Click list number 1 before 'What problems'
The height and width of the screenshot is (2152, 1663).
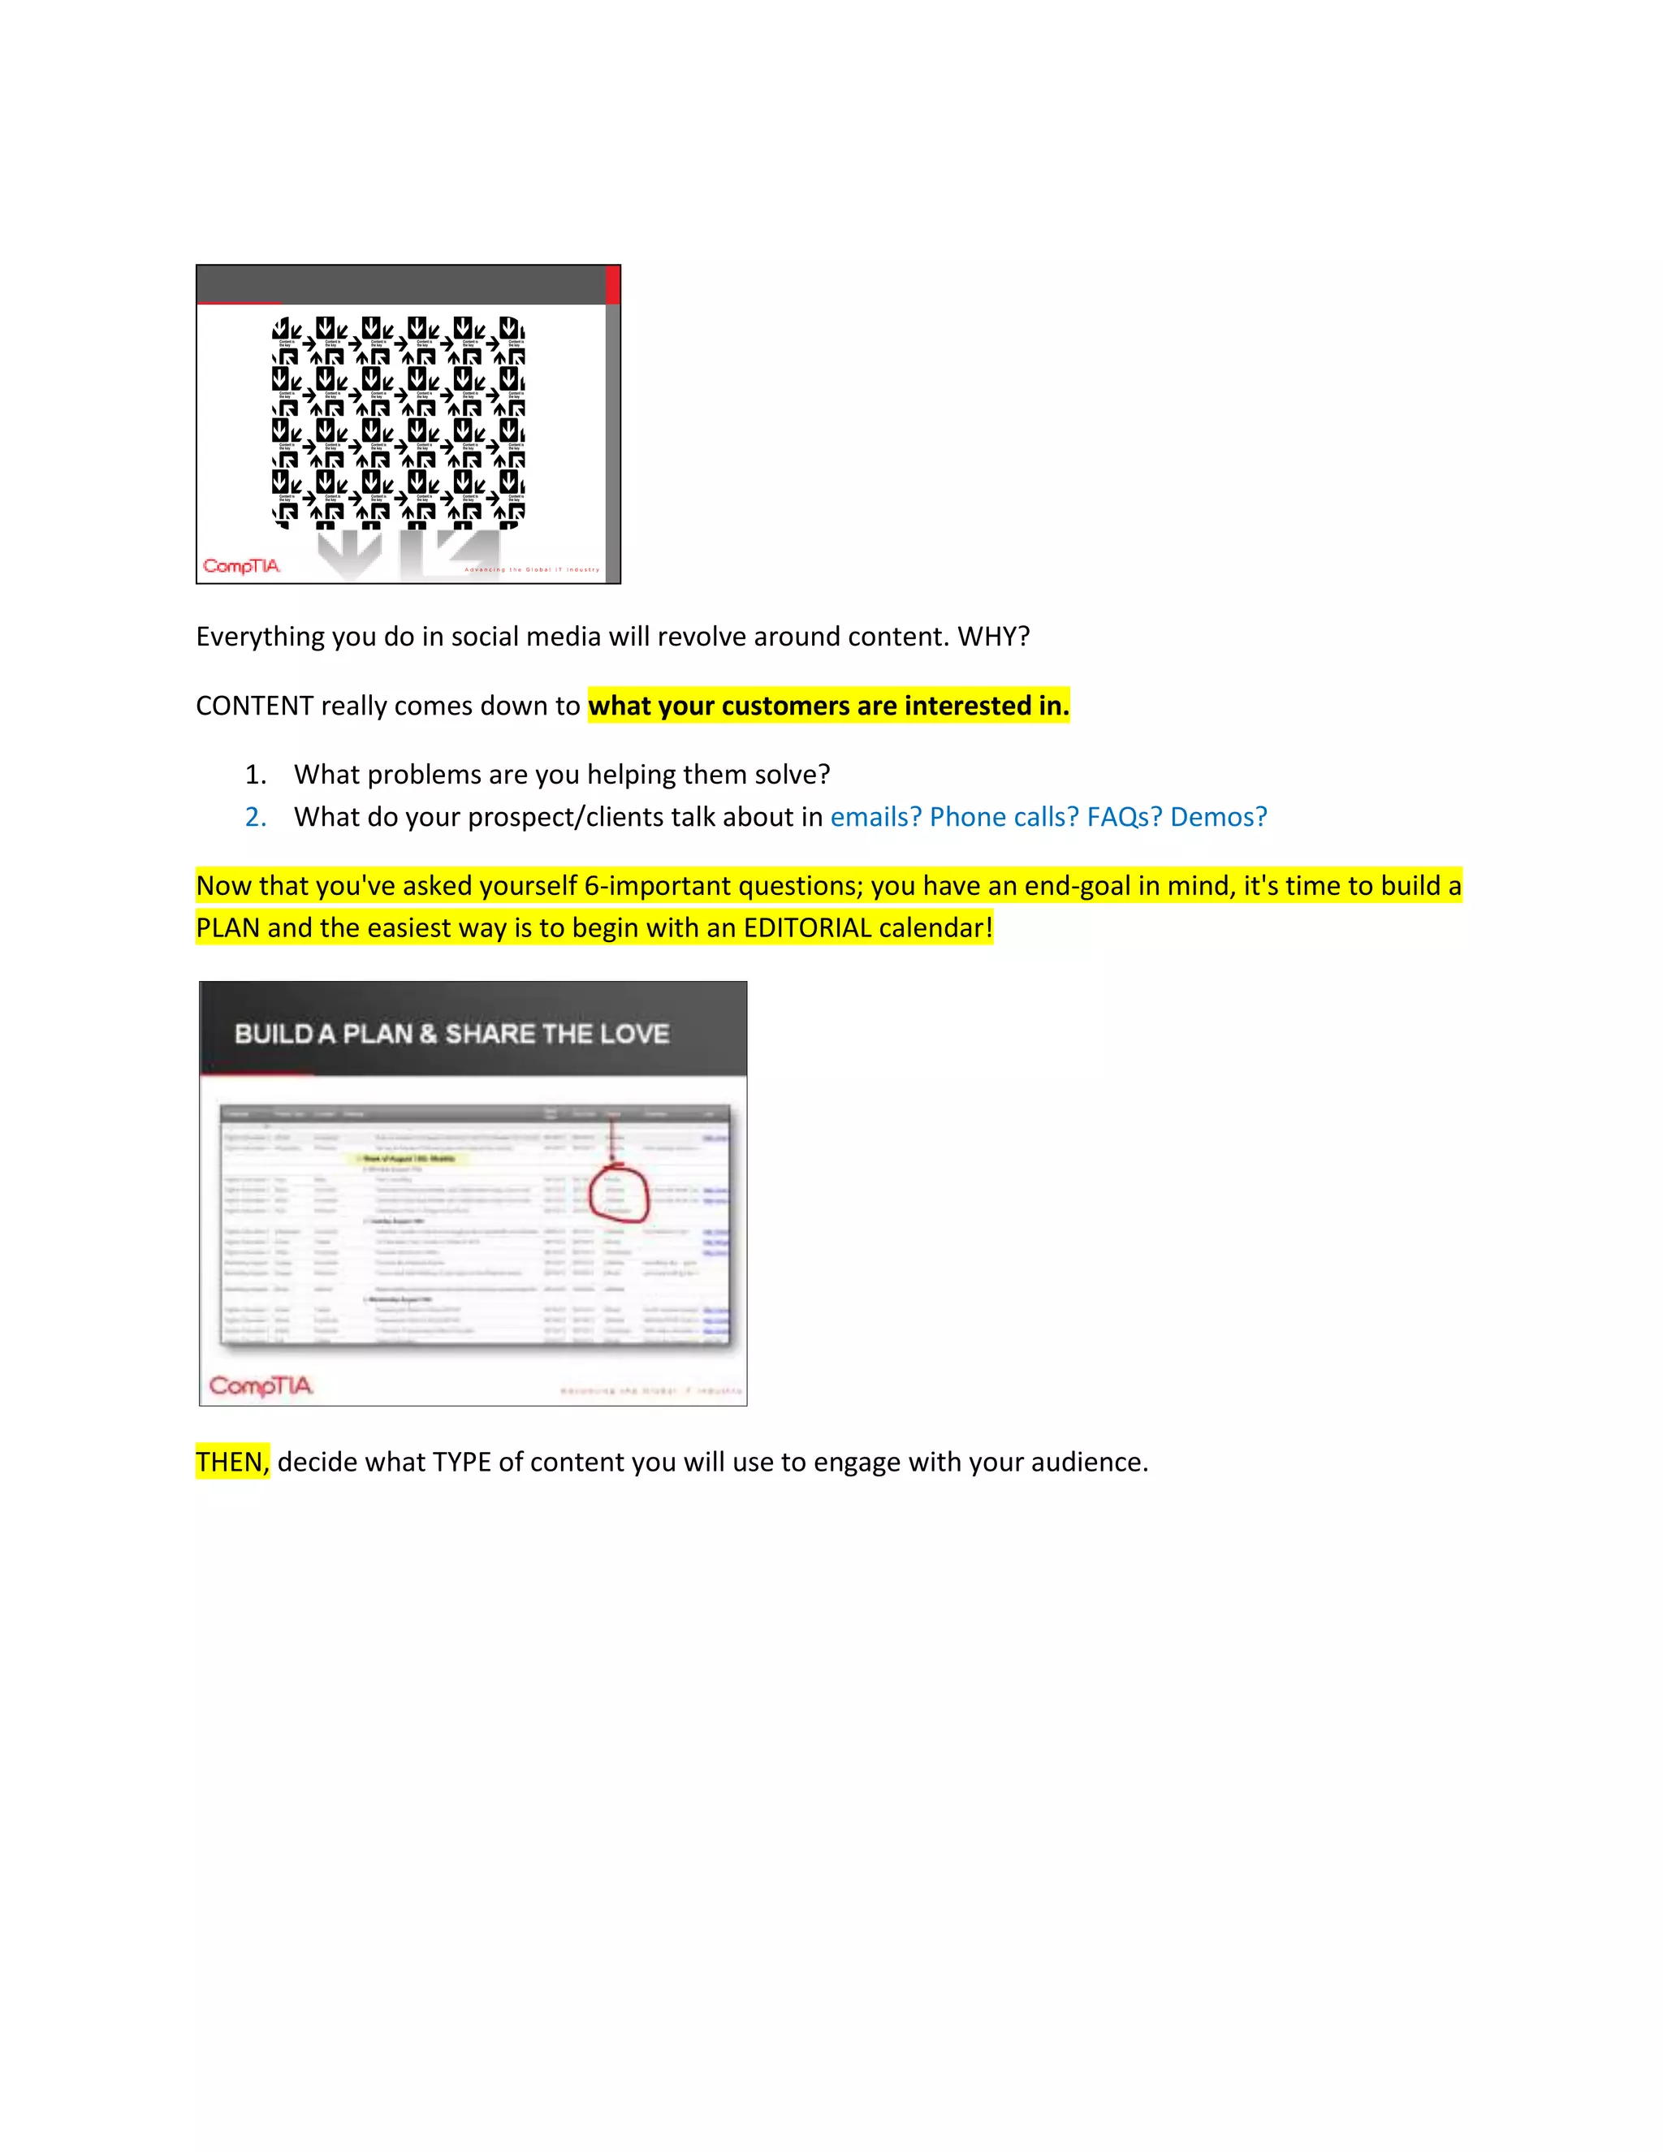pyautogui.click(x=255, y=775)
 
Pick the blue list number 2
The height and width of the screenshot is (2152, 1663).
pyautogui.click(x=255, y=817)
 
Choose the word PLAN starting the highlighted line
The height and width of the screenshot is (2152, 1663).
pyautogui.click(x=227, y=928)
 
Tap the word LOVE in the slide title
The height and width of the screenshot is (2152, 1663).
pyautogui.click(x=634, y=1034)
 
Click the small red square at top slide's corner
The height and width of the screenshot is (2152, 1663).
pyautogui.click(x=613, y=285)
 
